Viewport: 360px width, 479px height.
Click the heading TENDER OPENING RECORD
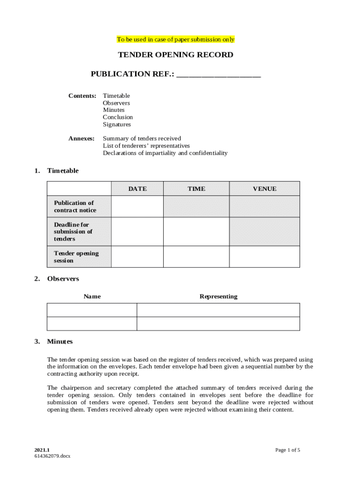(175, 55)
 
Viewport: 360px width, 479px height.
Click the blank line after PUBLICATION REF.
(219, 74)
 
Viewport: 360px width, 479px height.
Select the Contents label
(82, 96)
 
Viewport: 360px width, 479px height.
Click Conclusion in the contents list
(118, 117)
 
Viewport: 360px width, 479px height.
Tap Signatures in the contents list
(117, 124)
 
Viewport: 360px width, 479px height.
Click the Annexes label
(81, 138)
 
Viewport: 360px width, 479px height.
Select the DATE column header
(137, 189)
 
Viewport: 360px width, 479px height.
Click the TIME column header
(196, 189)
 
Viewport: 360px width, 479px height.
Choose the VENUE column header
(264, 189)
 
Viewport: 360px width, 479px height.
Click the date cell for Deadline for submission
(137, 232)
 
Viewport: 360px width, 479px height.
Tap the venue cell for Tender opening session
(264, 257)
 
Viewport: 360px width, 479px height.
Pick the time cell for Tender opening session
(196, 257)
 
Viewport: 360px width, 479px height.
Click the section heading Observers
(63, 279)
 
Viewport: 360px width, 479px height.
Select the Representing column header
(218, 297)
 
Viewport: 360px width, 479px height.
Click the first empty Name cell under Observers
(92, 310)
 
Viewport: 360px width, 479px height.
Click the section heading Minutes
(60, 341)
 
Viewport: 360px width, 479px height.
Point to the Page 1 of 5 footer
(288, 450)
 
